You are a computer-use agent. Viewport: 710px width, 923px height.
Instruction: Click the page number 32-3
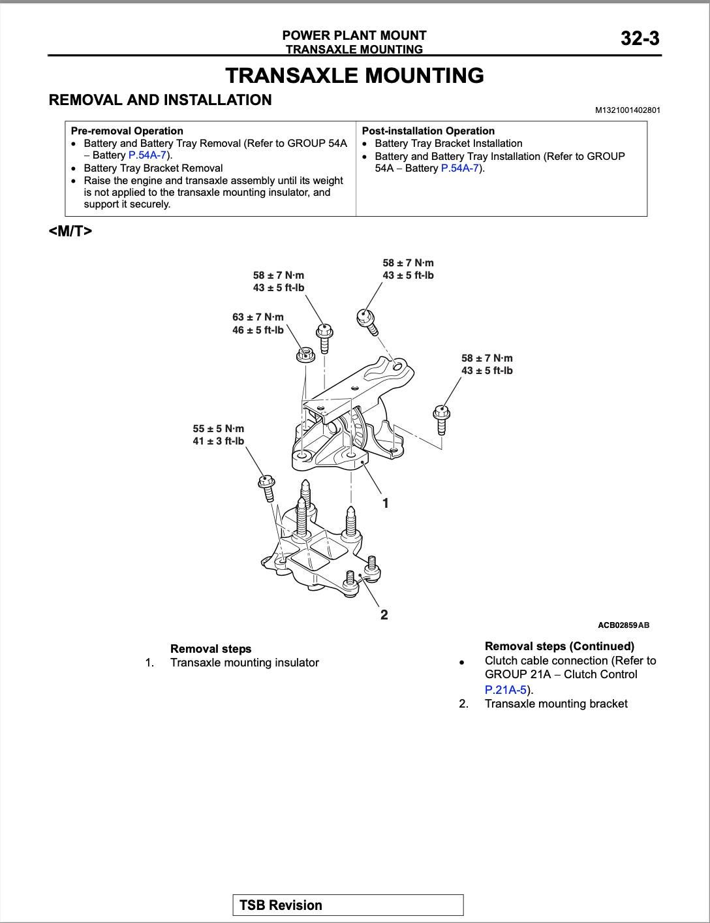640,39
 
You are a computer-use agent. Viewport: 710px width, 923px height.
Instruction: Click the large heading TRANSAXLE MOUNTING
354,76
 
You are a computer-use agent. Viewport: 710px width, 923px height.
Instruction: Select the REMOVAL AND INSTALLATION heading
161,101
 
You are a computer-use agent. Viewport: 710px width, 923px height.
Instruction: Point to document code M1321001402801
627,110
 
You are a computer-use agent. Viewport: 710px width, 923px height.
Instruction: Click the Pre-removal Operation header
127,131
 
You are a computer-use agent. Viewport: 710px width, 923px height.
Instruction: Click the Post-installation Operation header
428,131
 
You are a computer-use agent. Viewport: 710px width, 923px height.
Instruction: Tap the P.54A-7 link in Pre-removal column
147,155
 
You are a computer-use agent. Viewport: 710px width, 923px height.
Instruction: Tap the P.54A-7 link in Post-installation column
460,168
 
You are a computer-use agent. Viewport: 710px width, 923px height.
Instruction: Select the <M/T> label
70,231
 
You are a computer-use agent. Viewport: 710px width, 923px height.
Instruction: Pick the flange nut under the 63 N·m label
305,354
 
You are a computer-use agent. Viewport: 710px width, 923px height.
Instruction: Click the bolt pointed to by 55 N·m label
266,487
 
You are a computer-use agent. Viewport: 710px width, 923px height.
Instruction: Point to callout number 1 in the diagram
386,503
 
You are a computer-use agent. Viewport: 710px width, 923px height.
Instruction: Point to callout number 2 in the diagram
384,615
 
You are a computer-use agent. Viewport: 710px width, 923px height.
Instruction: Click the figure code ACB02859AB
623,625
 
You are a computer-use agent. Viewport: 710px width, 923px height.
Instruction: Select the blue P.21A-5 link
506,689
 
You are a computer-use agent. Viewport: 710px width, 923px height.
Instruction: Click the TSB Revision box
348,905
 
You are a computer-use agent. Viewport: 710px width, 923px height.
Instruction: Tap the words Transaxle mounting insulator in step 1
244,663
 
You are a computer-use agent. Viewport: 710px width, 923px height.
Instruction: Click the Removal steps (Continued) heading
559,646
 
